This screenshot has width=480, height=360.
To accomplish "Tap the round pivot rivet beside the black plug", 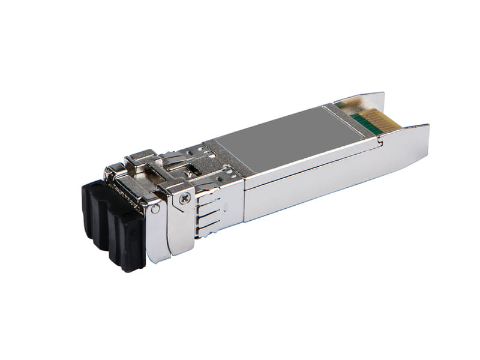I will pos(155,209).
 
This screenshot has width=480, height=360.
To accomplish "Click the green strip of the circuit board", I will pos(367,124).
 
